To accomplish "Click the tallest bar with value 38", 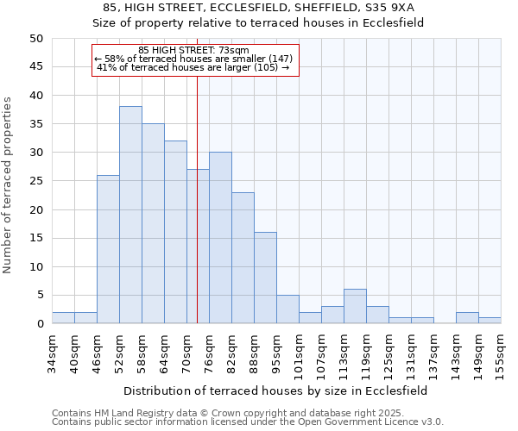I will pos(130,215).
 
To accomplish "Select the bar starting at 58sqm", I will pos(153,223).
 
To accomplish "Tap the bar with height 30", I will pos(220,238).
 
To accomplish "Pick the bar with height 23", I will pos(243,258).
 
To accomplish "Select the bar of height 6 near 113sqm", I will pos(355,306).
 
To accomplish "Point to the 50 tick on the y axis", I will pos(36,39).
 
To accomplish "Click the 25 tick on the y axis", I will pos(36,181).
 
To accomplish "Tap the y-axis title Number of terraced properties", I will pos(9,184).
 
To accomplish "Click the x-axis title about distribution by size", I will pos(276,390).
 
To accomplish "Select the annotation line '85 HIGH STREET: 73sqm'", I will pos(194,50).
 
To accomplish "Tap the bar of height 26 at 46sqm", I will pos(108,249).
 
